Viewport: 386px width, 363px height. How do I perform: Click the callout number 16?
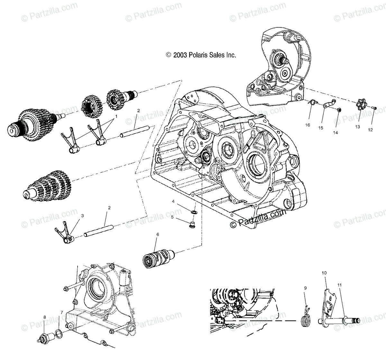click(308, 125)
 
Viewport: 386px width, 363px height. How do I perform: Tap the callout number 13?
click(357, 127)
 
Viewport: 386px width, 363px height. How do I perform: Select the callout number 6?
click(158, 234)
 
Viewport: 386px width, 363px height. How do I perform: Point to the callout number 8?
click(45, 317)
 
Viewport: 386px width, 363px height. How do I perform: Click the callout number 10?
click(324, 273)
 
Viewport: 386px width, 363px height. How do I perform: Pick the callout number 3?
click(82, 215)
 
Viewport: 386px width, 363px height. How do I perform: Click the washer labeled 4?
click(195, 212)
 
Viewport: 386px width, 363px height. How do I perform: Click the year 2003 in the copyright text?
click(182, 55)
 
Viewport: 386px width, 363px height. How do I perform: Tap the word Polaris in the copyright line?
click(203, 55)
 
